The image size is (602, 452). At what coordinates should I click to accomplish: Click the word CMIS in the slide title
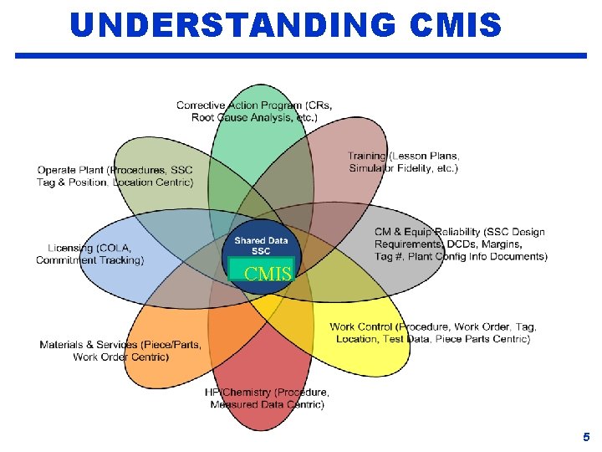pos(457,25)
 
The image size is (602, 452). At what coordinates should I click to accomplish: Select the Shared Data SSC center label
pos(261,246)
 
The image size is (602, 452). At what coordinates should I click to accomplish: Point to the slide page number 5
pos(586,437)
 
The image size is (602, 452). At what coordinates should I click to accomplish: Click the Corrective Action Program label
pos(253,105)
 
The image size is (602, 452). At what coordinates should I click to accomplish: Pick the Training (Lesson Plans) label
pos(403,156)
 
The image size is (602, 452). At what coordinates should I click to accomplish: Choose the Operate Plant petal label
pos(115,170)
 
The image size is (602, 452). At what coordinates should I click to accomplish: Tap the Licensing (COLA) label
pos(89,248)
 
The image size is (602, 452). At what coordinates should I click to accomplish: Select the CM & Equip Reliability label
pos(459,232)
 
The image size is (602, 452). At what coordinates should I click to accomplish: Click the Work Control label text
pos(432,326)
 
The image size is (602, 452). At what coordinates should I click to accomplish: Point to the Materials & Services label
pos(120,345)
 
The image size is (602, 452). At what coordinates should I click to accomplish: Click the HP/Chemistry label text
pos(267,393)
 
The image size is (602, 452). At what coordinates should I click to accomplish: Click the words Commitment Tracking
pos(89,260)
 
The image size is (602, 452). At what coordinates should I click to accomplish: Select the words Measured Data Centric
pos(267,405)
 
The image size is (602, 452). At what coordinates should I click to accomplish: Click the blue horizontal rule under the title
pos(301,56)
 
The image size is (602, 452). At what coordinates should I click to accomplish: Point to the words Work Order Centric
pos(120,357)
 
